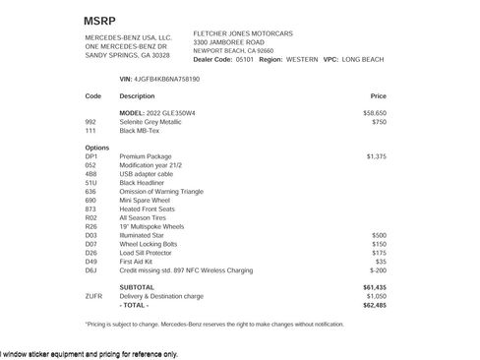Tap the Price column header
[x=378, y=96]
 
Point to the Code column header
[x=93, y=96]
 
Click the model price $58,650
[x=375, y=113]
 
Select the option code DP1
[x=91, y=156]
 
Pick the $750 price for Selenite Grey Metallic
[x=379, y=122]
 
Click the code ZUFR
[x=94, y=295]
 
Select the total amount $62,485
[x=375, y=304]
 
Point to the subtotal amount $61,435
[x=375, y=286]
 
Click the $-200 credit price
[x=378, y=270]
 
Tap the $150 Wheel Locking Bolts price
[x=379, y=243]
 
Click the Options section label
[x=97, y=147]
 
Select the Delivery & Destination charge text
[x=161, y=295]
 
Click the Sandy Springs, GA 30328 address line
[x=128, y=55]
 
